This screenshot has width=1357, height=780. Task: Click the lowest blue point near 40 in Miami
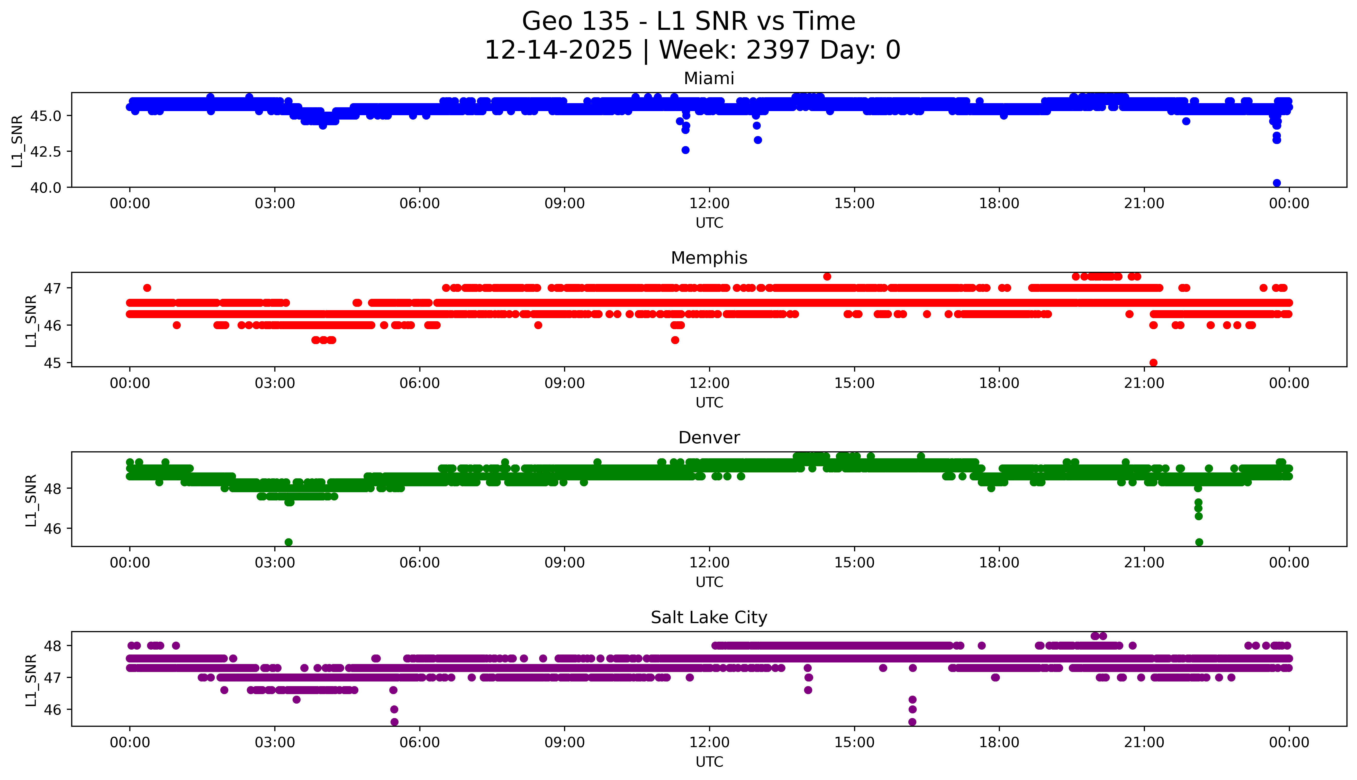(x=1277, y=183)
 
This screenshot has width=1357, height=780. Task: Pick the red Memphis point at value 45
(x=1154, y=363)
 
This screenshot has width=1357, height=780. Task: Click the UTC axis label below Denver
(x=709, y=582)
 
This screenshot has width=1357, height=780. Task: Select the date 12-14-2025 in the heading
(x=558, y=50)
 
